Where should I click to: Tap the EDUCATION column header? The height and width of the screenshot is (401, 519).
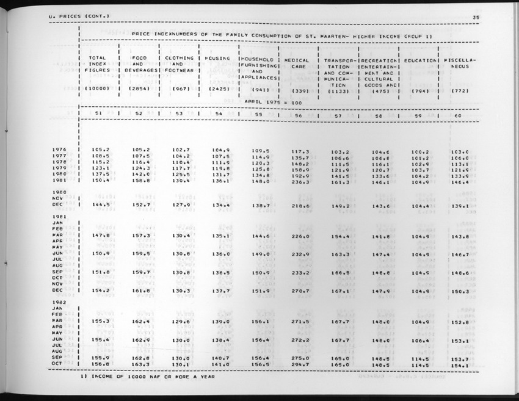(421, 60)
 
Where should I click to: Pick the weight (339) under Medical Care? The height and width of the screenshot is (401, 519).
(299, 91)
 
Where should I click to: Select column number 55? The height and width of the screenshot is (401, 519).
(258, 115)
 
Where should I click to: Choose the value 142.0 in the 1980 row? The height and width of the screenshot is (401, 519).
(140, 174)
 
